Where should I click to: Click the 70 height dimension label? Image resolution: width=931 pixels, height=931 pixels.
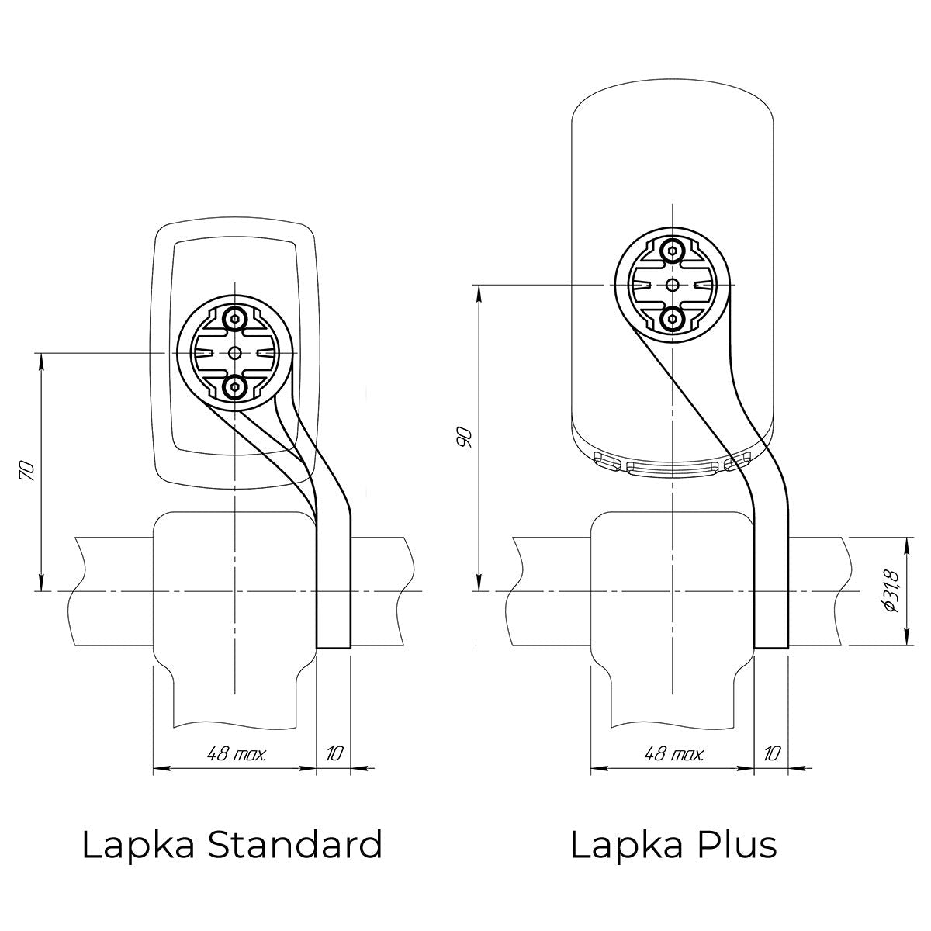point(27,471)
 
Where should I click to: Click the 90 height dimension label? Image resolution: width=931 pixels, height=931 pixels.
point(464,438)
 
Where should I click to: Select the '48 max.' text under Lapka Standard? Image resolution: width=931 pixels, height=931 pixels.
point(237,754)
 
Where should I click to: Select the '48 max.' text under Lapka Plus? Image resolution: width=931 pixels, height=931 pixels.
point(674,754)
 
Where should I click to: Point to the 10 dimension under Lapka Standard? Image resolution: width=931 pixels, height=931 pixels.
point(334,754)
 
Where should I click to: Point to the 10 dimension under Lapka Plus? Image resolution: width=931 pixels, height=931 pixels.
point(772,754)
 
